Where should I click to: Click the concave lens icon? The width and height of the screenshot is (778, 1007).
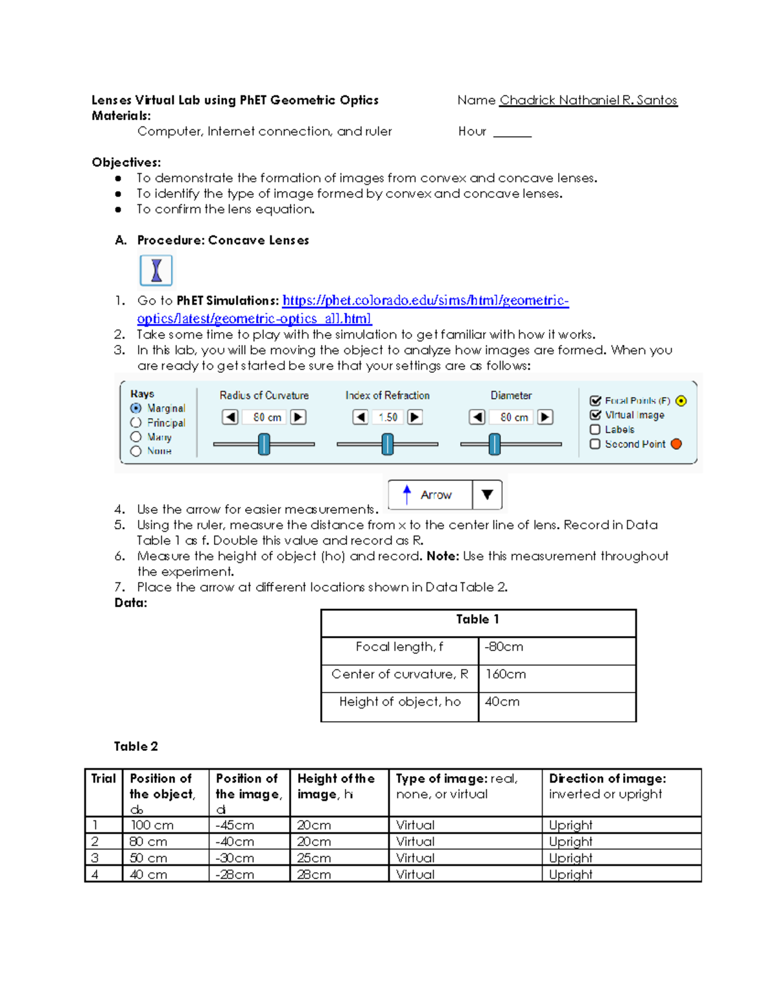(x=156, y=270)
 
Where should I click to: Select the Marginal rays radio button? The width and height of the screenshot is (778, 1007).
(x=136, y=409)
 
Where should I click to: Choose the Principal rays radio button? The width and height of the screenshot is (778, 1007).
(x=136, y=423)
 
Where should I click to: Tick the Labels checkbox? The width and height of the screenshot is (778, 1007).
(x=595, y=429)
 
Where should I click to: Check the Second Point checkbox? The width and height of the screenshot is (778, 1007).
(x=595, y=444)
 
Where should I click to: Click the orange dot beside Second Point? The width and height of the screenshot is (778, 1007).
(x=676, y=444)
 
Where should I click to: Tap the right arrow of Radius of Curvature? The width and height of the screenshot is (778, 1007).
(x=298, y=417)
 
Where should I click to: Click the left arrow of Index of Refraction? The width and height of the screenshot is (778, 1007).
(x=360, y=417)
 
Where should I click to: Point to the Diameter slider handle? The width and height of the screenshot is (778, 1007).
(x=495, y=444)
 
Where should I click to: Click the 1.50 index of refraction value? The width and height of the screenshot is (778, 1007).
(x=388, y=418)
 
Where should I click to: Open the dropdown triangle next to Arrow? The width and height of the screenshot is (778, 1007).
(x=488, y=495)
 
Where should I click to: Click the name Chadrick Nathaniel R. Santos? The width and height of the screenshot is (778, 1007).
(x=588, y=101)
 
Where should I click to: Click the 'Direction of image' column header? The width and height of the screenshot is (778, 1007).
(x=607, y=779)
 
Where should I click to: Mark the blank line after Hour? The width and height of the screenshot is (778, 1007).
(x=512, y=133)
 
